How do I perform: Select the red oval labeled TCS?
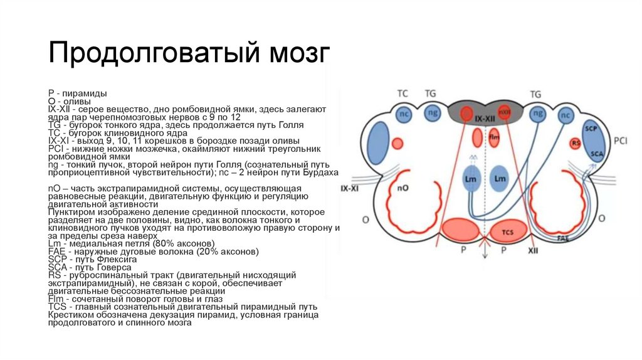(x=508, y=231)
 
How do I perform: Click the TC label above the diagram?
(x=403, y=93)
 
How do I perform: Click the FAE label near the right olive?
(x=562, y=238)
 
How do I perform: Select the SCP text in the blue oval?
(x=589, y=128)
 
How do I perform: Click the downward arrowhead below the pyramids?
(x=483, y=255)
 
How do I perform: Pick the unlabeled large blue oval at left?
(x=378, y=138)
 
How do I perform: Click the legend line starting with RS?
(x=176, y=275)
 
